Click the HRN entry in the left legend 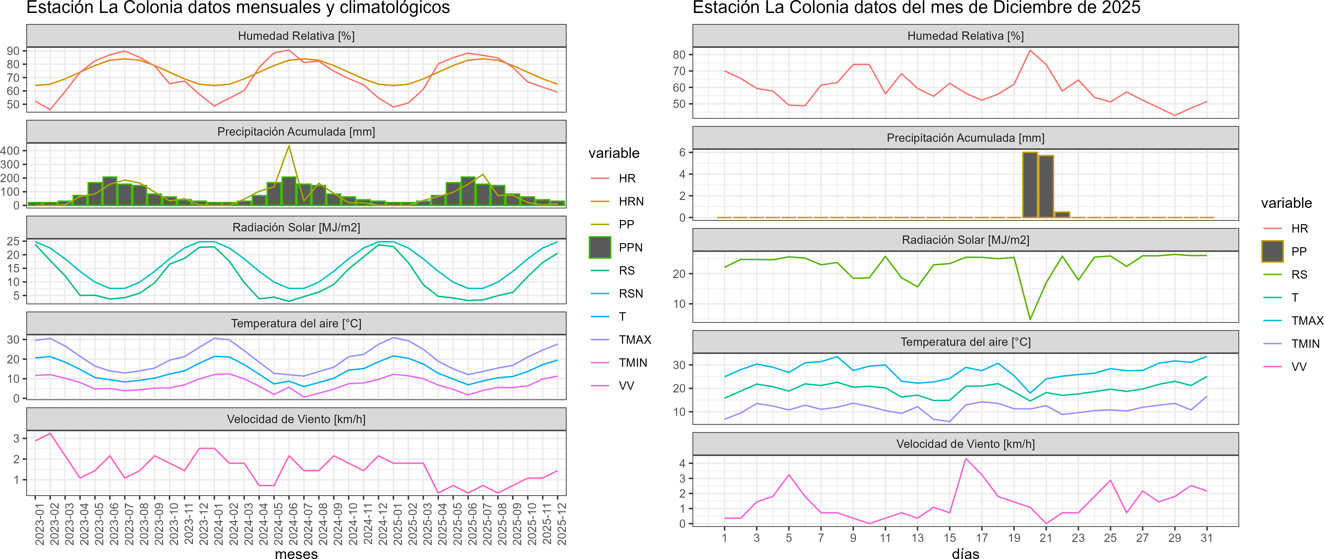click(631, 201)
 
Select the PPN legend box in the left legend click(600, 247)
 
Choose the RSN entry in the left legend click(631, 293)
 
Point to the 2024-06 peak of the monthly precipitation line click(289, 146)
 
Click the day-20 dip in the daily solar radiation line click(1030, 319)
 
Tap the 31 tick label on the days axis click(1206, 538)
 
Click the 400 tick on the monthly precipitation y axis click(10, 150)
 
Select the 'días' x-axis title click(965, 553)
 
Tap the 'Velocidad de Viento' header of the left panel click(296, 419)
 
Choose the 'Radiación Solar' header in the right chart click(965, 240)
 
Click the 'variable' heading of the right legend click(1286, 203)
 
